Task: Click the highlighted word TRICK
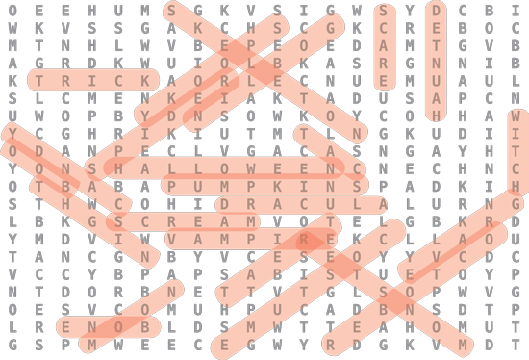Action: click(x=92, y=81)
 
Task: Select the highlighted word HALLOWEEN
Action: click(x=224, y=167)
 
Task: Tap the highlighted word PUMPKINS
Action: click(x=264, y=186)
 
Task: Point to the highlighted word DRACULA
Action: click(x=302, y=204)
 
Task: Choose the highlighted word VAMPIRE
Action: click(x=250, y=239)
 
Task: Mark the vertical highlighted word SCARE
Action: click(x=384, y=46)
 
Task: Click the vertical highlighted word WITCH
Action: click(x=516, y=151)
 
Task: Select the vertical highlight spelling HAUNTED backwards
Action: click(x=437, y=64)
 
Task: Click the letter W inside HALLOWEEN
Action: click(x=250, y=168)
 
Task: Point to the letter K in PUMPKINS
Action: click(x=277, y=186)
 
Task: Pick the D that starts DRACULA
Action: click(x=224, y=204)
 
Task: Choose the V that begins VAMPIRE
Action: click(x=171, y=240)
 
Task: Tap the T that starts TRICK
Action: click(x=39, y=81)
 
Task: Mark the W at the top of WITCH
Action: click(x=516, y=116)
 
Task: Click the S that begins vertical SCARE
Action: click(x=384, y=11)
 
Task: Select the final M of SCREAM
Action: click(x=250, y=221)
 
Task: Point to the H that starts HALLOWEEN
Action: click(x=118, y=168)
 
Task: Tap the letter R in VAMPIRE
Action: click(x=303, y=240)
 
